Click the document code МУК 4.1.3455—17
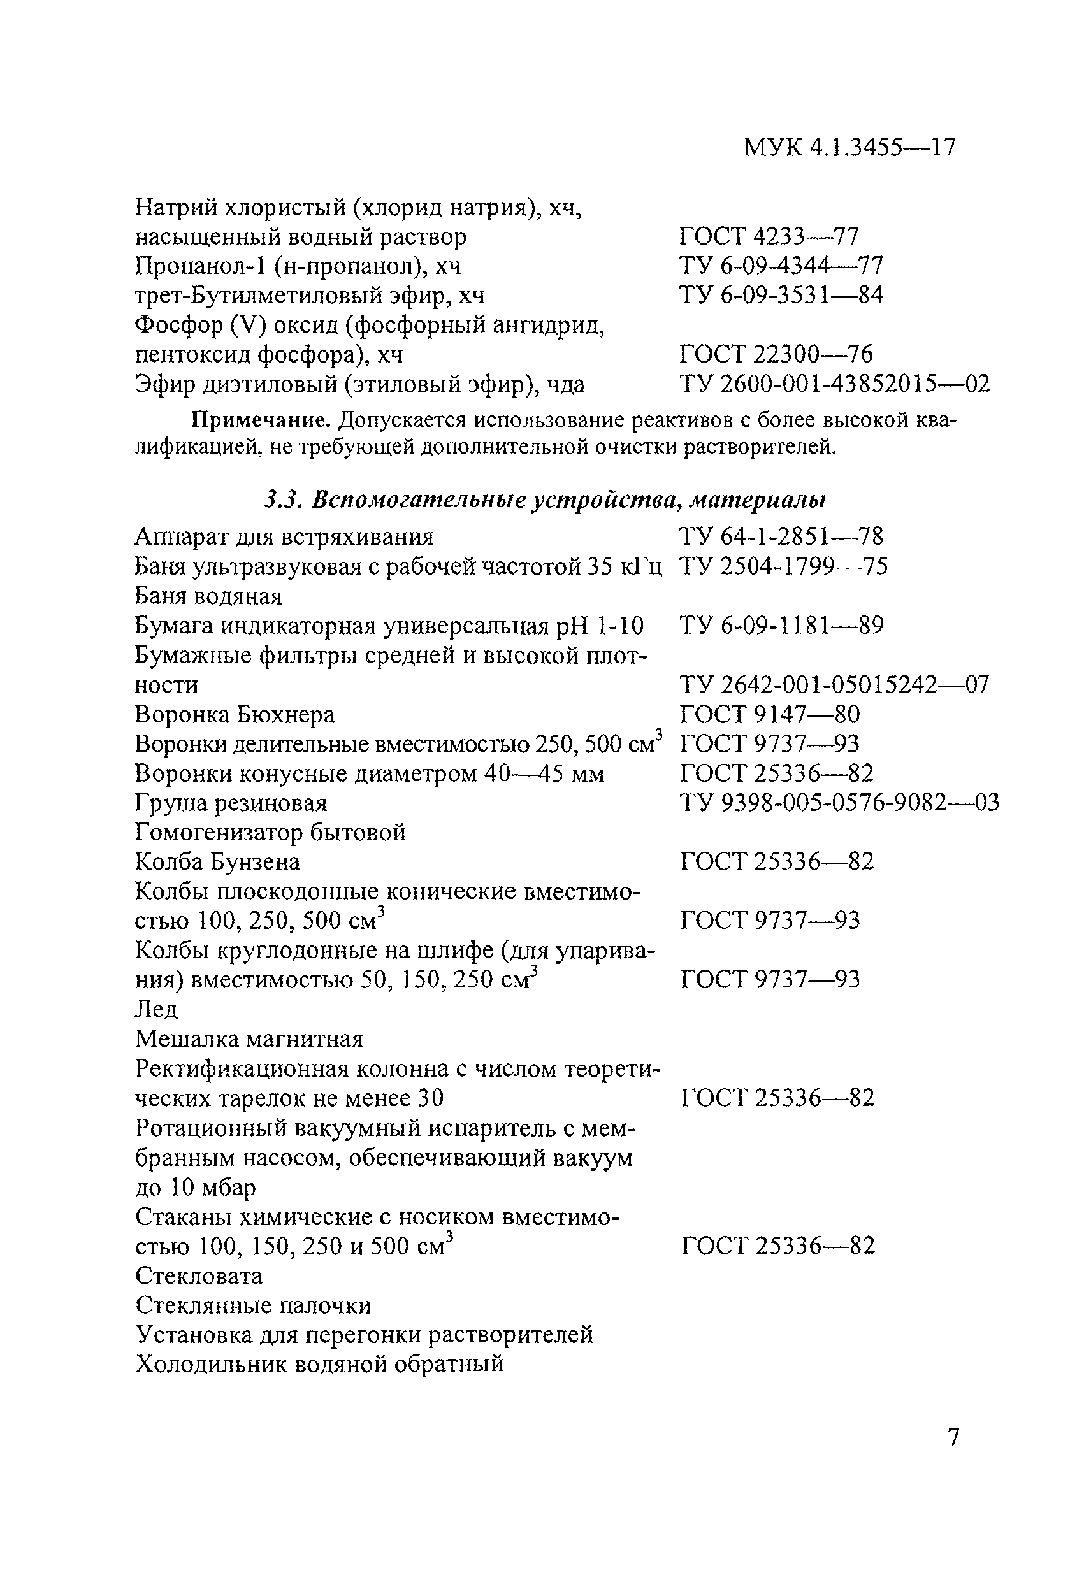[x=849, y=147]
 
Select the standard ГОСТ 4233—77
[x=769, y=236]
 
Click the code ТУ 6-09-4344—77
[x=781, y=265]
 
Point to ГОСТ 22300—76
[x=776, y=354]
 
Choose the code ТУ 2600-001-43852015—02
[x=834, y=384]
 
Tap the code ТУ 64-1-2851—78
[x=781, y=536]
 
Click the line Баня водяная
[x=208, y=596]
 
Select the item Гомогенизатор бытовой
[x=270, y=832]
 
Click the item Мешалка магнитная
[x=249, y=1039]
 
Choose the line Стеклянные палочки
[x=253, y=1305]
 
